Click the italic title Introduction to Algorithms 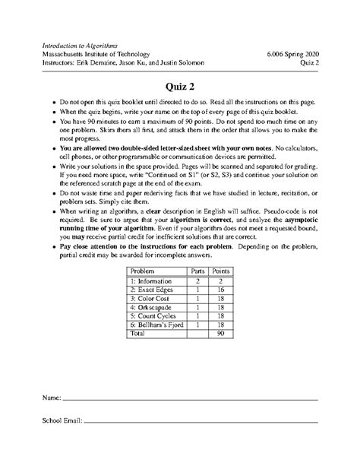coord(78,46)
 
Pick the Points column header coord(222,271)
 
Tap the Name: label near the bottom coord(50,398)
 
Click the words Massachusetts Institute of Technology coord(96,54)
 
